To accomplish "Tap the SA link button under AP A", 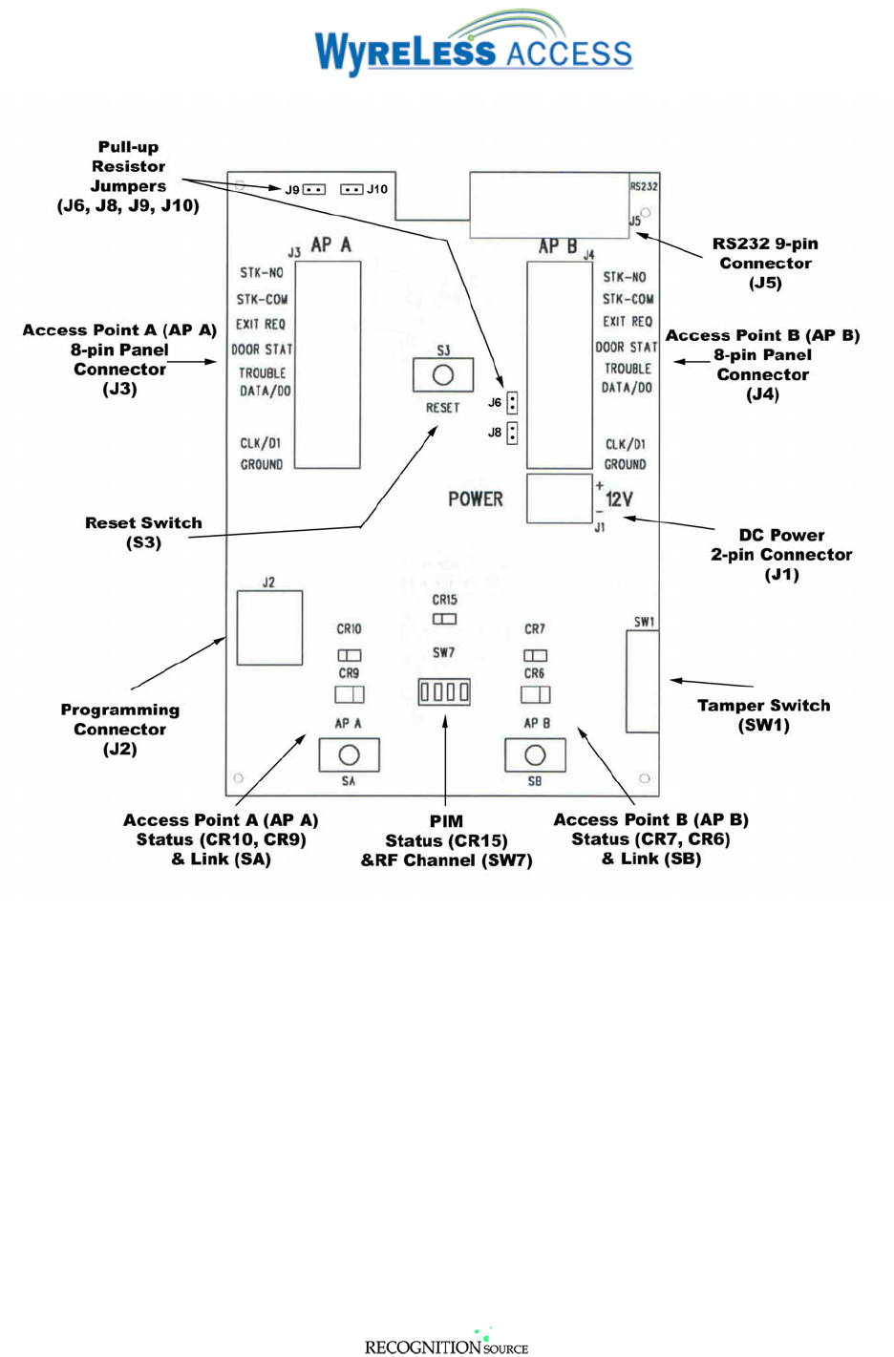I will tap(349, 755).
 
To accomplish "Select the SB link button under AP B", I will tap(535, 755).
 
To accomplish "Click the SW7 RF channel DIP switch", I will tap(444, 691).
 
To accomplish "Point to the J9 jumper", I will tap(314, 189).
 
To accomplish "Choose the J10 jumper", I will tap(351, 189).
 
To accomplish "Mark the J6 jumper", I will tap(513, 402).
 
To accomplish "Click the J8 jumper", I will tap(513, 433).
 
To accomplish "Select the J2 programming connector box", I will tap(269, 628).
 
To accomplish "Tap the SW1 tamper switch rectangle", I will tap(643, 682).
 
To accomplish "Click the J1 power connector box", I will tap(560, 498).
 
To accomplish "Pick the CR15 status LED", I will tap(444, 619).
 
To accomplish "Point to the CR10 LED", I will tap(349, 655).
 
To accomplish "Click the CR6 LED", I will tap(535, 694).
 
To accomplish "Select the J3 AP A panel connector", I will tap(328, 365).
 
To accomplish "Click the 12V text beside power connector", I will tap(619, 499).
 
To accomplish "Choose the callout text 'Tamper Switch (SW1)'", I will tap(763, 714).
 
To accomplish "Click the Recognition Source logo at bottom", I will tap(446, 1344).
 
